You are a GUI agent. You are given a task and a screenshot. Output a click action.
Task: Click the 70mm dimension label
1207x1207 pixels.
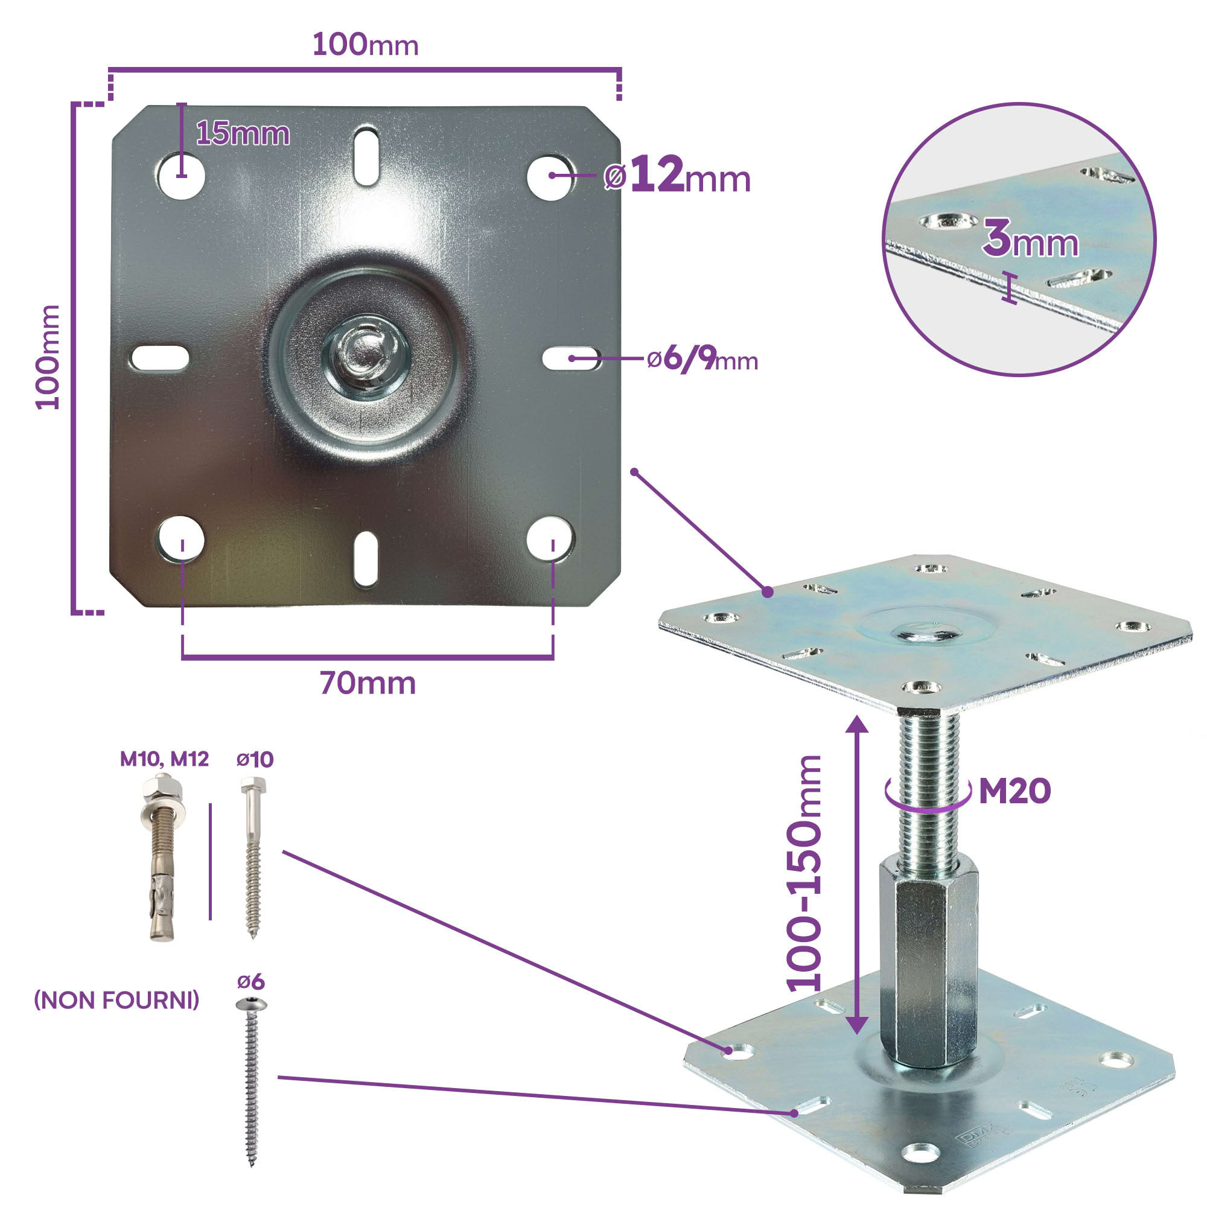click(368, 684)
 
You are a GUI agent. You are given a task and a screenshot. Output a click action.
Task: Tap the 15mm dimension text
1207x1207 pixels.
click(243, 135)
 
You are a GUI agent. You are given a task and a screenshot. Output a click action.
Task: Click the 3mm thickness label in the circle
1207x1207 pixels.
click(1030, 239)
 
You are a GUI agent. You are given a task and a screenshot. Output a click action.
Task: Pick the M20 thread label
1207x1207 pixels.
click(1014, 792)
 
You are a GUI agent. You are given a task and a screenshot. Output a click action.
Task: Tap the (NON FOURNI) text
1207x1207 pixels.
click(117, 1000)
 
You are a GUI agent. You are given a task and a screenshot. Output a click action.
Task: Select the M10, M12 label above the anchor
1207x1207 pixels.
click(164, 759)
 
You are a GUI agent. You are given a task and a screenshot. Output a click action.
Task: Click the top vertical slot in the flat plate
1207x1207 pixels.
click(366, 156)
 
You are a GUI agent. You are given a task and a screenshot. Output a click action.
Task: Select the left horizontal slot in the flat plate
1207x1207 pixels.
click(160, 358)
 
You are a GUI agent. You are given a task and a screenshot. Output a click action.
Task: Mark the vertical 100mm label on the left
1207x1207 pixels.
click(48, 357)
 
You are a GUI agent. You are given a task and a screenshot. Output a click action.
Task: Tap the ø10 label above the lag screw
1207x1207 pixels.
click(255, 760)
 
